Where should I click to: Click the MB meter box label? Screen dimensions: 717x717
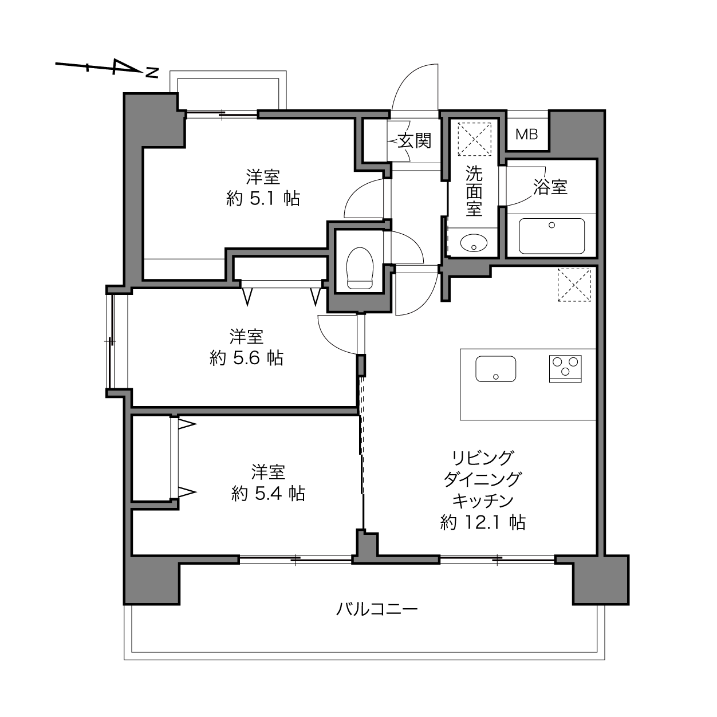coord(526,134)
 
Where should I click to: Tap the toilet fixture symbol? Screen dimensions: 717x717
coord(360,268)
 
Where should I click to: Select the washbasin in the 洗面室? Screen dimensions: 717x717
coord(474,243)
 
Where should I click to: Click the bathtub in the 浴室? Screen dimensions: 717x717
coord(551,236)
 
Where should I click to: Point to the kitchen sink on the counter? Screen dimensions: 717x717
coord(495,369)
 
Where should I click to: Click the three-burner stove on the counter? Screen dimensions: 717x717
coord(565,369)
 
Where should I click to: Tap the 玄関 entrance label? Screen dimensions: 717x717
coord(415,141)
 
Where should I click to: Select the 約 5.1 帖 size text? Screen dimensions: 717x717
coord(263,199)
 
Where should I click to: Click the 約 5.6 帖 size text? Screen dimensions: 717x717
coord(246,358)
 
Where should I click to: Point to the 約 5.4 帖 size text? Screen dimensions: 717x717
coord(268,494)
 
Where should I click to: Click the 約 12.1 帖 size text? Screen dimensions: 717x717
coord(483,522)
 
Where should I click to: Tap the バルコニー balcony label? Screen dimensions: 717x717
coord(377,609)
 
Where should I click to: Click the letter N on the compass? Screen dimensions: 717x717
coord(152,73)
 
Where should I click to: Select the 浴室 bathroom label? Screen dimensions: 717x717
coord(550,187)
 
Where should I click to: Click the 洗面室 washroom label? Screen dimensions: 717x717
coord(474,191)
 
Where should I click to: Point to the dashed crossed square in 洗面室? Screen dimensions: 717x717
coord(474,139)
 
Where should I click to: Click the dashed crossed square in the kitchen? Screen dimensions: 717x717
coord(574,285)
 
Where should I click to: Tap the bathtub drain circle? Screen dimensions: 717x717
coord(552,224)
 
